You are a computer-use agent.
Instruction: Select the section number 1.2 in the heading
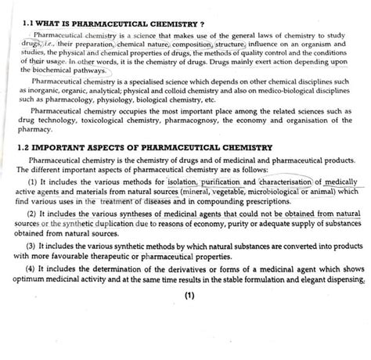coord(27,146)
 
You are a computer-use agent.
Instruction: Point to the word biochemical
coord(59,69)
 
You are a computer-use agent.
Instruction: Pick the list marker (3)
coord(31,245)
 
